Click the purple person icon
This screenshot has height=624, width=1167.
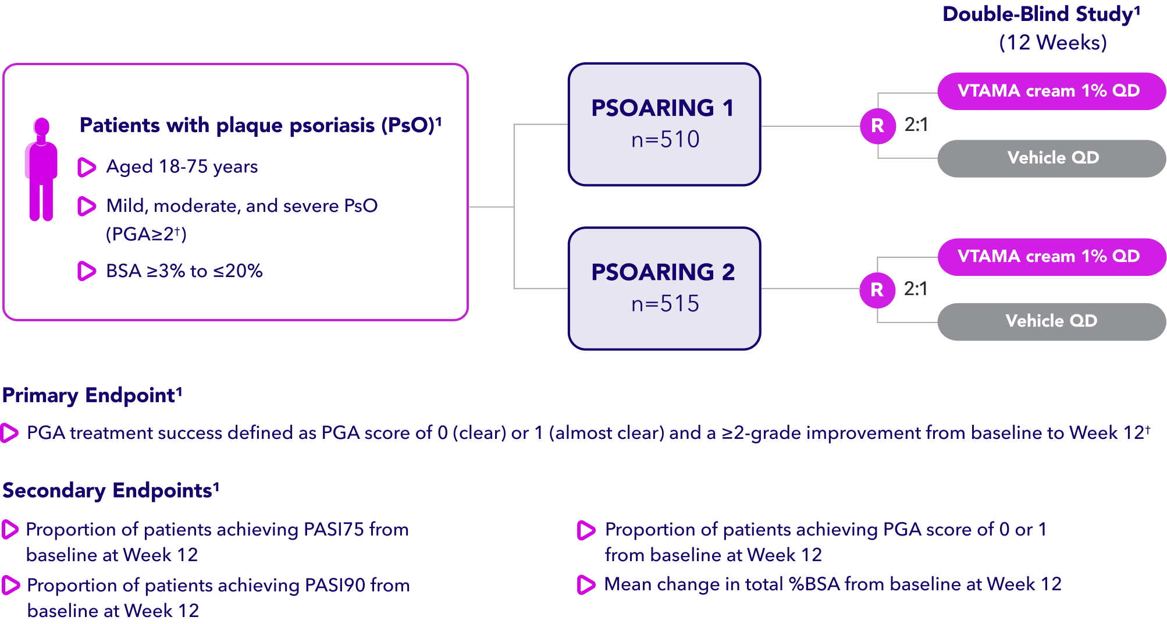(x=41, y=169)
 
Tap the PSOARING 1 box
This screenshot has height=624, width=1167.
(x=664, y=125)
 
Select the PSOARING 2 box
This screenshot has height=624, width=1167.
(x=664, y=288)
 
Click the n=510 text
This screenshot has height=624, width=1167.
(x=665, y=140)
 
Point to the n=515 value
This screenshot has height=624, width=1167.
(x=665, y=304)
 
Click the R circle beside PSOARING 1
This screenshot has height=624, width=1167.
(x=877, y=126)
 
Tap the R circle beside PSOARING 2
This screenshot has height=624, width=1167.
(x=877, y=289)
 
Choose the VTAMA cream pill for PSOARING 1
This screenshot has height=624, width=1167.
(x=1051, y=91)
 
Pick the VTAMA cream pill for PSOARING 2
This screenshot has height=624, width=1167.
(x=1051, y=257)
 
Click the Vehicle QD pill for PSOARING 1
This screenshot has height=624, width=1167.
(x=1052, y=158)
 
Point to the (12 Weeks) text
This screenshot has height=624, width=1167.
(x=1052, y=42)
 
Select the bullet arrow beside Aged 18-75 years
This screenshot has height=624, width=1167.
(x=86, y=168)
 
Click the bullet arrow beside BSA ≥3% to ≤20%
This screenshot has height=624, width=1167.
(x=86, y=271)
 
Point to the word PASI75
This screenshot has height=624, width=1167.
(x=333, y=530)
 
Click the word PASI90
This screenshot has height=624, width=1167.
(x=335, y=585)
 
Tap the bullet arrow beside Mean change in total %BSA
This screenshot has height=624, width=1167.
(x=586, y=585)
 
